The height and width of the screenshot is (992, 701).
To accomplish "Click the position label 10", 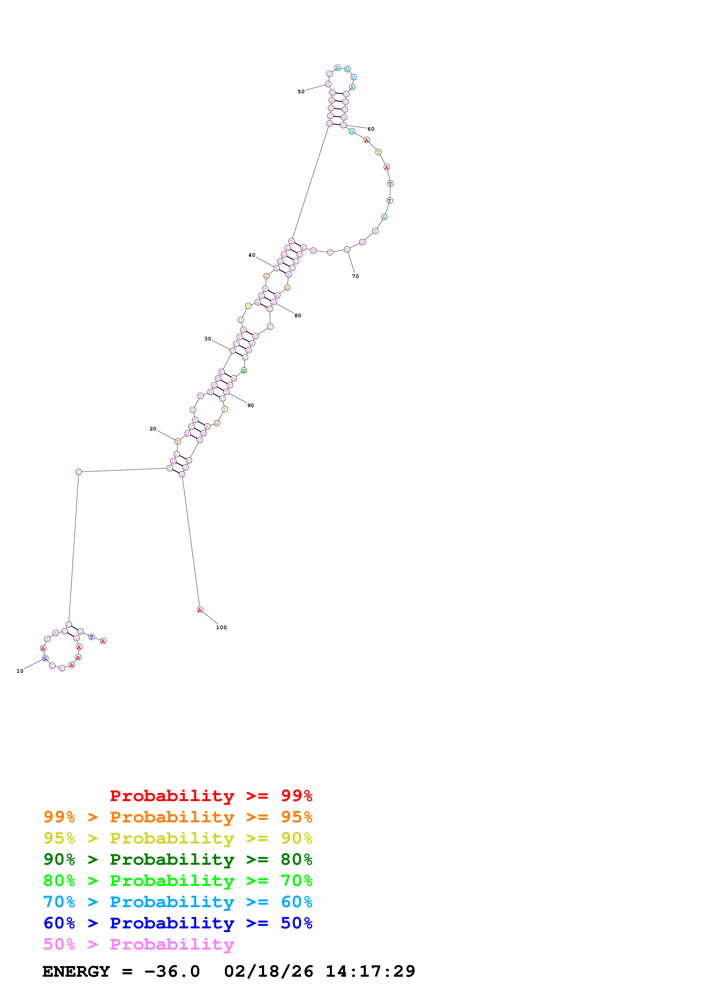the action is (x=20, y=671).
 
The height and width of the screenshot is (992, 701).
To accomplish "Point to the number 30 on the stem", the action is (x=208, y=339).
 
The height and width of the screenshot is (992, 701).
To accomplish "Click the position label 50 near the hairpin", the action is (x=301, y=92).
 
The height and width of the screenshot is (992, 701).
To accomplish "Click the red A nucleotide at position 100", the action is (x=200, y=610).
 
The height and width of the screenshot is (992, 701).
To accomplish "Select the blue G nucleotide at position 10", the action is (x=45, y=658).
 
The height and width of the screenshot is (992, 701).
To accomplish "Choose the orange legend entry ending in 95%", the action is (x=178, y=817).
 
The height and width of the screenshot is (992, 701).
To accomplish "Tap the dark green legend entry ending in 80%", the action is (x=178, y=859).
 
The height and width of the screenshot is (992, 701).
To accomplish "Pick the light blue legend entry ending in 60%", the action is (x=178, y=902).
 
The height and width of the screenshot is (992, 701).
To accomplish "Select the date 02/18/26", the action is (x=269, y=971).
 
